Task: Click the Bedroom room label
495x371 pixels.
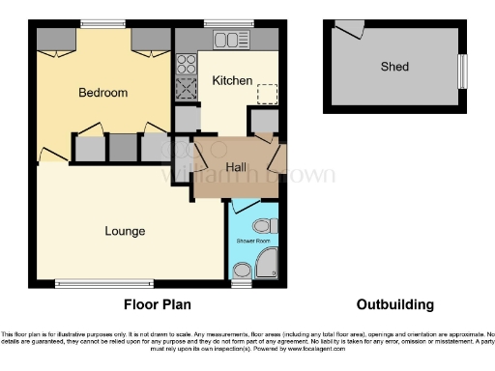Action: (102, 93)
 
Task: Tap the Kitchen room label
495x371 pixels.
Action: (232, 81)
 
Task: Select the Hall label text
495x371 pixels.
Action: (235, 167)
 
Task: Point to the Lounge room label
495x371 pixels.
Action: (126, 231)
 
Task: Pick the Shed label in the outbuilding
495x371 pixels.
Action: (394, 67)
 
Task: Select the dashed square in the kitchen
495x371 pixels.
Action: (268, 94)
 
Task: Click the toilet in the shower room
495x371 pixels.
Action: (270, 225)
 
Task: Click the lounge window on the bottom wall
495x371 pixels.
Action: (85, 283)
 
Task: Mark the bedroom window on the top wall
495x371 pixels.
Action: (102, 23)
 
